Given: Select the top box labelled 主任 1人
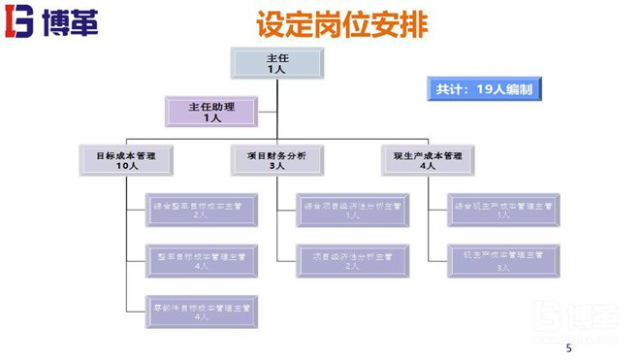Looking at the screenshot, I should click(276, 63).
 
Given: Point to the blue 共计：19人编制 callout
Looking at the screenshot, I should click(483, 88).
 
